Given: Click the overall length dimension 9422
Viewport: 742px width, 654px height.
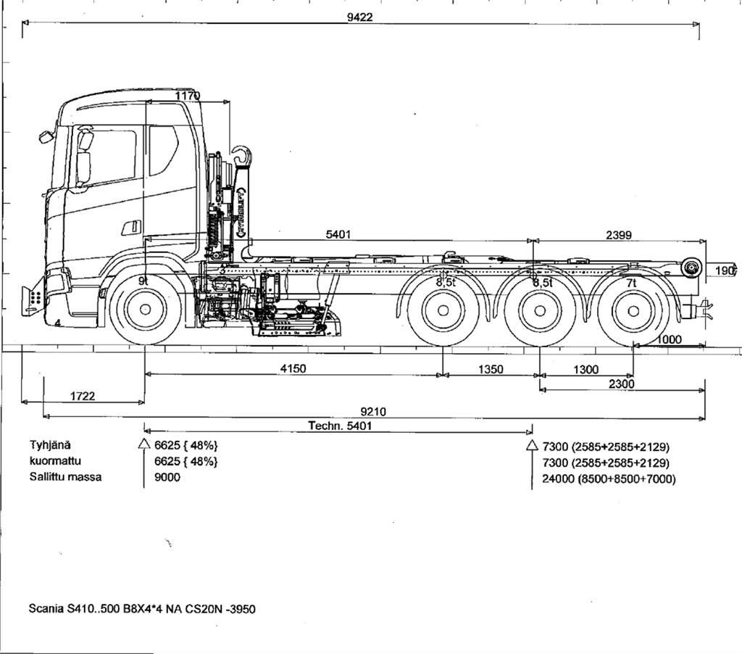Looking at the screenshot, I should tap(359, 17).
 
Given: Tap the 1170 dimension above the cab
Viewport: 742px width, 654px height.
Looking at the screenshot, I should tap(188, 96).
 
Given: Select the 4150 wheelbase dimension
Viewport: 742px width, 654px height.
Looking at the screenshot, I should tap(293, 368).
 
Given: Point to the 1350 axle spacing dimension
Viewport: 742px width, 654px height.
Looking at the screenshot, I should tap(491, 369).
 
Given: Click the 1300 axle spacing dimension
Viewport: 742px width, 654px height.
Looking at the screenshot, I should tap(585, 369).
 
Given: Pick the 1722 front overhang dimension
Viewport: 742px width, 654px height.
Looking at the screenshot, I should tap(83, 396).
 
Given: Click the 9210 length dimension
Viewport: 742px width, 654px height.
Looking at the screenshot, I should tap(374, 412).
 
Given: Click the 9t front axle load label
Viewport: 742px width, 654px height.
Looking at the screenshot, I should tap(144, 279).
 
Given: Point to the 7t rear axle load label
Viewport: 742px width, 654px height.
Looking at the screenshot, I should tap(631, 282).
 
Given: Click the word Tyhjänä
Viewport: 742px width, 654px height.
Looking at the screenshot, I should tap(51, 445).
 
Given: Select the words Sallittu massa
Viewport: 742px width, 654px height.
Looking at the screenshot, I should tap(65, 477).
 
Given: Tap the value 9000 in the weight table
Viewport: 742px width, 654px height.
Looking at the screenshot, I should tap(167, 478).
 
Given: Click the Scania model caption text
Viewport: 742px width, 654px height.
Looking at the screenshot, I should tap(142, 608).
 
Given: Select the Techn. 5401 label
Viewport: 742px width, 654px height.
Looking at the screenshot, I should tap(340, 426).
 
